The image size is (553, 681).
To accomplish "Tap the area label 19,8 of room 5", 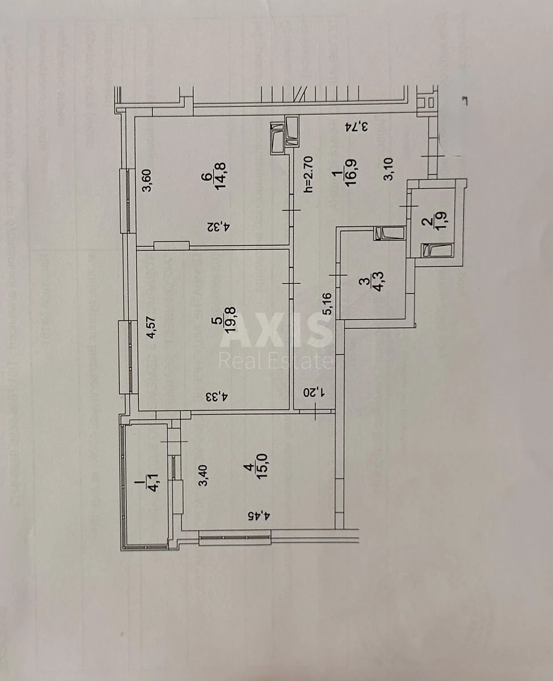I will tap(231, 331).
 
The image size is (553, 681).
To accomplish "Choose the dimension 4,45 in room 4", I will tap(261, 516).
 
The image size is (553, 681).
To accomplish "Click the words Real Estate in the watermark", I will tap(276, 361).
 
